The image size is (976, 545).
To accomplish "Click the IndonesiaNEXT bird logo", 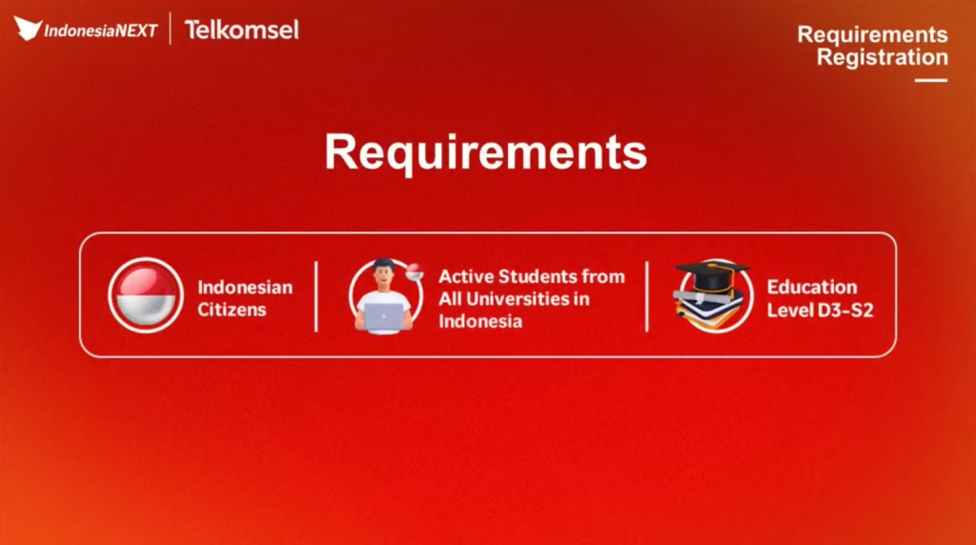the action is click(x=28, y=29).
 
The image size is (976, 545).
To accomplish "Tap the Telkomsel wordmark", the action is click(x=241, y=30).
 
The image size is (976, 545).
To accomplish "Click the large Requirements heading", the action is click(x=485, y=151).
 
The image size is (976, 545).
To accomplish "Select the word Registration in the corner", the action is click(x=882, y=57).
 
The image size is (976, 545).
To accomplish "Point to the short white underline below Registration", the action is click(x=930, y=80).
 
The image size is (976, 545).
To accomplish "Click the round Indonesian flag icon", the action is click(x=146, y=295).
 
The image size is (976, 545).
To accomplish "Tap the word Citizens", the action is click(x=232, y=310).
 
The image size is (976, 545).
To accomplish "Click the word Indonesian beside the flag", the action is click(x=245, y=287).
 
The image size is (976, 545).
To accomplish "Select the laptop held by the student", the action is click(x=383, y=316).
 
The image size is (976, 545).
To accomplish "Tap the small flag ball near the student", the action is click(x=415, y=272).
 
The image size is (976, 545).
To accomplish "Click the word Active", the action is click(x=465, y=276).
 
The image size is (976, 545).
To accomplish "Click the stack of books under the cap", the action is click(x=709, y=310).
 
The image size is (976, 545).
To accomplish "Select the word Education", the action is click(x=812, y=287).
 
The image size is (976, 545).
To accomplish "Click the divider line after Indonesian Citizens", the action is click(x=316, y=296).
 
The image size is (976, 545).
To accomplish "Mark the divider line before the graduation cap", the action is click(x=647, y=296).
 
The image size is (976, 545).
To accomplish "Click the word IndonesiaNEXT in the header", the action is click(x=100, y=31).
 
